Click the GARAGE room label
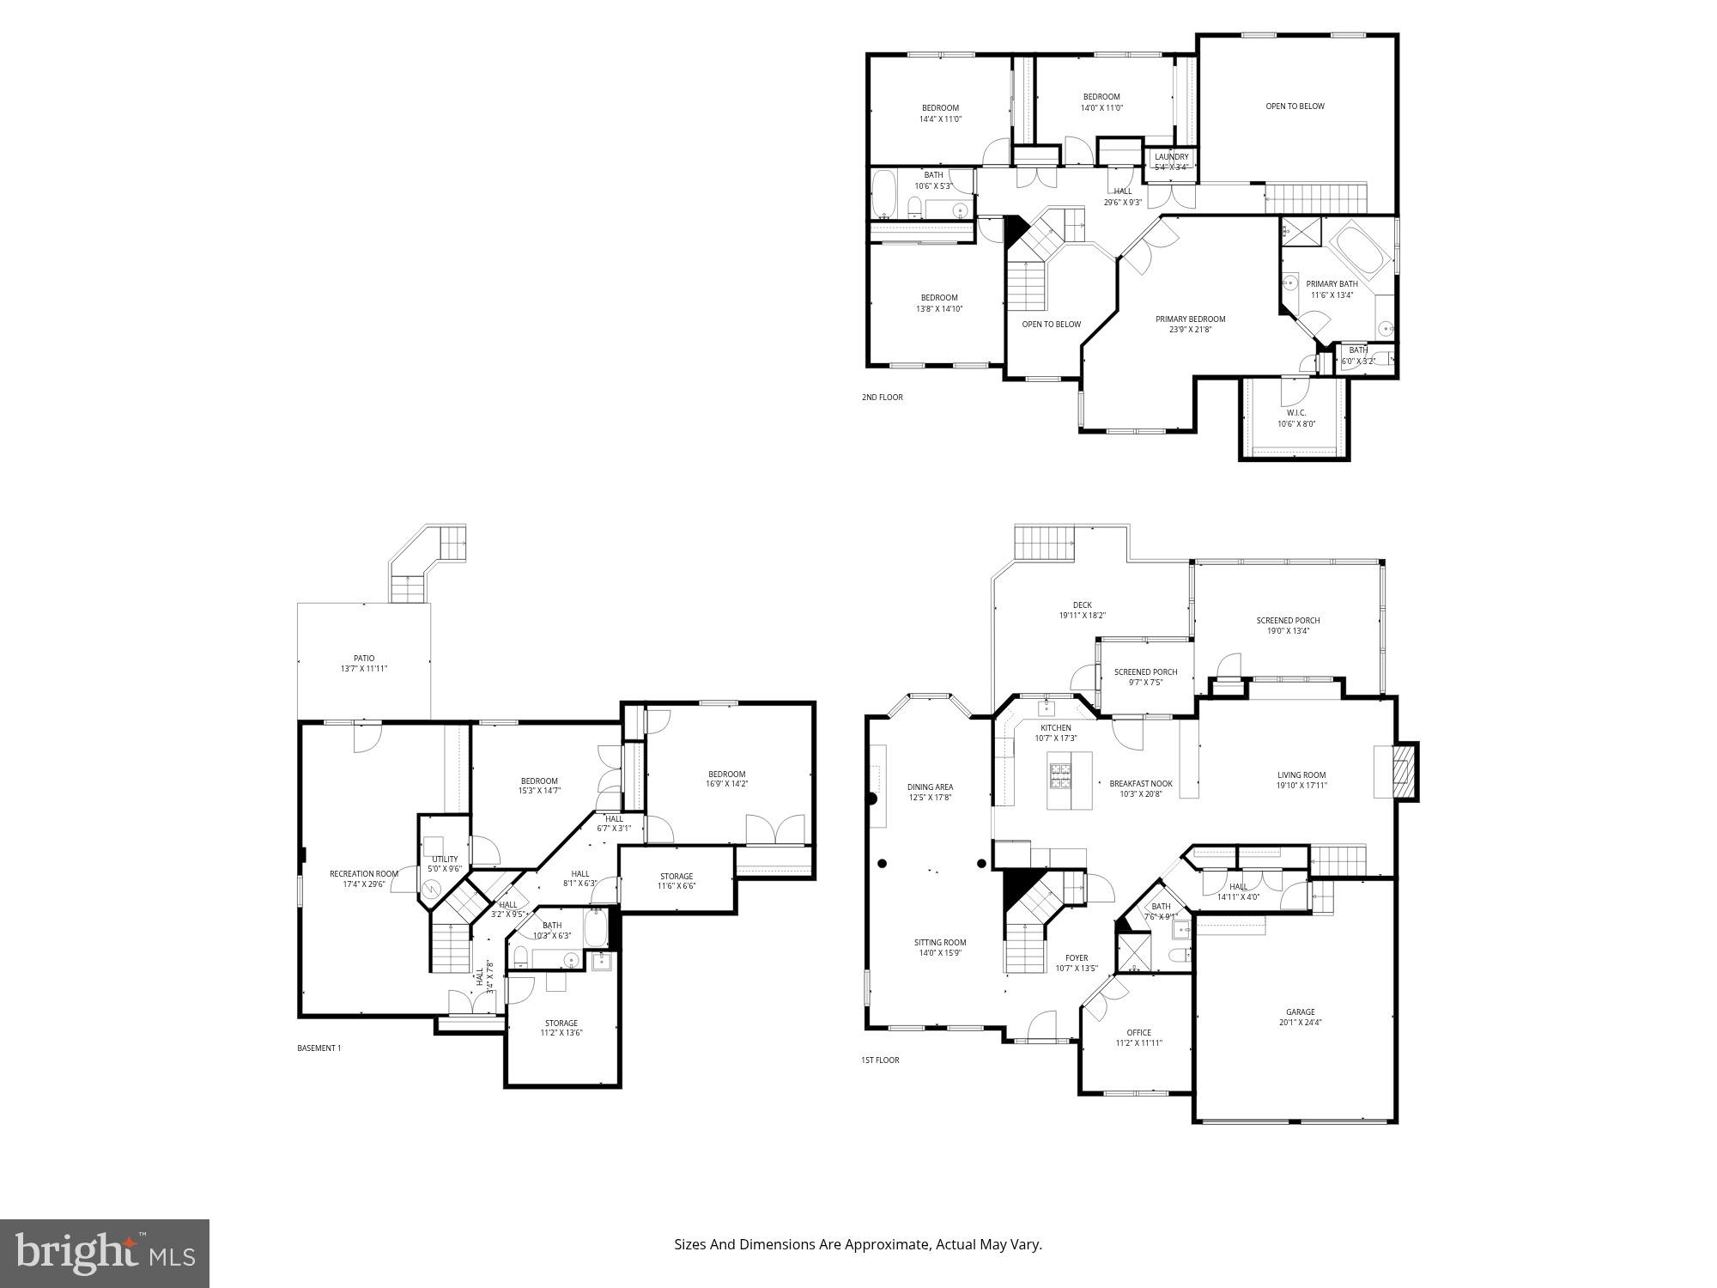coord(1300,1012)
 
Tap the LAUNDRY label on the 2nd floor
coord(1171,156)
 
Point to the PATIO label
coord(364,659)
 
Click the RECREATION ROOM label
coord(364,873)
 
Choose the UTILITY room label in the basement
coord(445,859)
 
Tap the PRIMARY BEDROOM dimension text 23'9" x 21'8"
coord(1190,330)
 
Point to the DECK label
coord(1082,605)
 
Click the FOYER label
coord(1077,957)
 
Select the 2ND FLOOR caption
coord(882,398)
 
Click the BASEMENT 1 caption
coord(319,1048)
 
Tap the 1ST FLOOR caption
coord(880,1060)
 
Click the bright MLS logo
coord(105,1253)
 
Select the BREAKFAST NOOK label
coord(1141,783)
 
